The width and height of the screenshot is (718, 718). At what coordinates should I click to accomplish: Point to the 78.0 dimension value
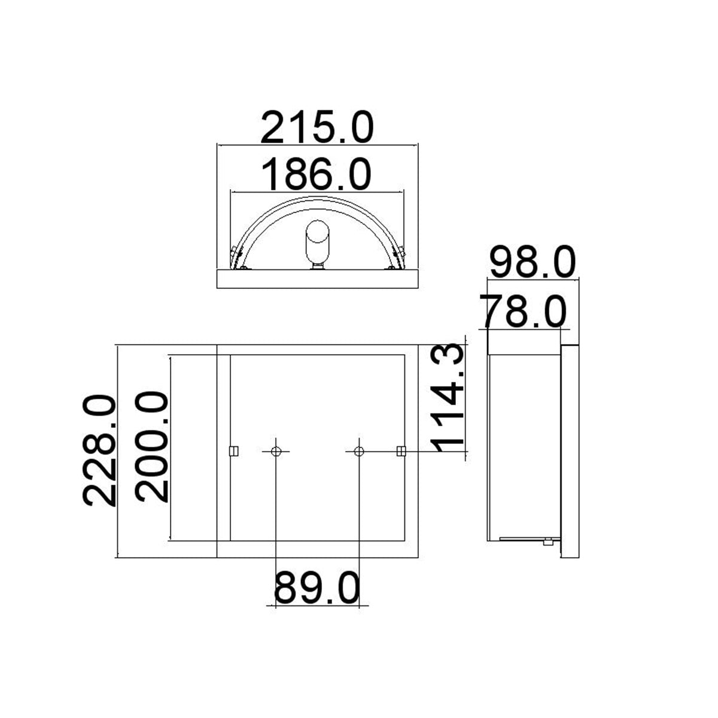[x=523, y=312]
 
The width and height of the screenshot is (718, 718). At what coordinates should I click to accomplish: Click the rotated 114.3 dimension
[x=448, y=398]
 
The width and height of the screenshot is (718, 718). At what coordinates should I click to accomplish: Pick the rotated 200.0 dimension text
[x=151, y=446]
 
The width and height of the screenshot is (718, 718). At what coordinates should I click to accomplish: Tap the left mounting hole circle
[x=276, y=451]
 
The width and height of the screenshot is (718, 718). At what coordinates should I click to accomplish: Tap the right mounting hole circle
[x=358, y=451]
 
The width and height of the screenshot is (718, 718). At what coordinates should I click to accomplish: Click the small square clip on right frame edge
[x=401, y=451]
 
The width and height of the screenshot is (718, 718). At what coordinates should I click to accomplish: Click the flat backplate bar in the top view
[x=317, y=279]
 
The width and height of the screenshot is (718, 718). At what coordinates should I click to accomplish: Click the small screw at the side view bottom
[x=547, y=542]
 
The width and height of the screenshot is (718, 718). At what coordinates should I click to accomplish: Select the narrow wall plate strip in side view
[x=570, y=452]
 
